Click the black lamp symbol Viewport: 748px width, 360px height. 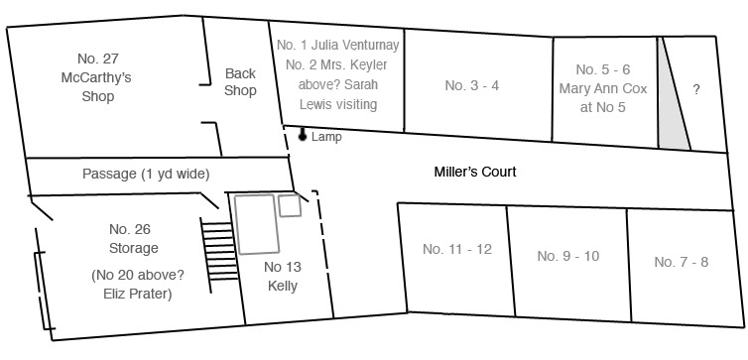click(302, 135)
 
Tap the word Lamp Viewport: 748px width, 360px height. click(326, 137)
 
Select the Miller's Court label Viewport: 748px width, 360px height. click(474, 172)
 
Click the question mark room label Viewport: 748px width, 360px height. click(696, 89)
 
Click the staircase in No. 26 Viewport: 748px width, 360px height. click(219, 254)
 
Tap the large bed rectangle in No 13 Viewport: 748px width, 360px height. click(256, 223)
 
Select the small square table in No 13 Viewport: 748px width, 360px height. click(290, 205)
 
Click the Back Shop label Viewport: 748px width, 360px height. click(240, 82)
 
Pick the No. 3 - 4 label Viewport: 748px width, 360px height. click(472, 85)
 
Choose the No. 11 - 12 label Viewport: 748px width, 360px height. click(457, 249)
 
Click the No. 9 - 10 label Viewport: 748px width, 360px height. click(568, 256)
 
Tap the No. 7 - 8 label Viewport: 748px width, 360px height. click(682, 262)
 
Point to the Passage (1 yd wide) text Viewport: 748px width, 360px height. click(146, 174)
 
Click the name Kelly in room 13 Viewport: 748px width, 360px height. click(283, 286)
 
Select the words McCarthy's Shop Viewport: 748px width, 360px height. click(97, 87)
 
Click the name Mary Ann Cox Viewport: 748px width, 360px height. click(603, 88)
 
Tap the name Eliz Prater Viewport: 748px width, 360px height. click(137, 295)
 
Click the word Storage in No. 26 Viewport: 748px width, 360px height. click(134, 248)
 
